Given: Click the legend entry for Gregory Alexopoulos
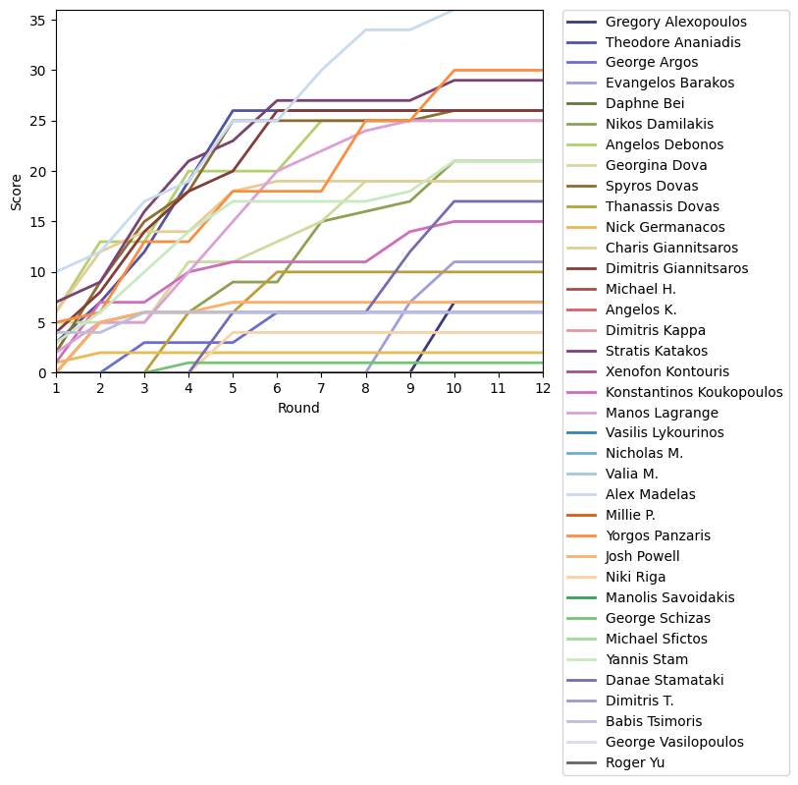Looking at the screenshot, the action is coord(675,22).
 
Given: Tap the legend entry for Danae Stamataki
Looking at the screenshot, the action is coord(662,680).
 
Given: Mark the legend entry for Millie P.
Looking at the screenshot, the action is coord(635,515).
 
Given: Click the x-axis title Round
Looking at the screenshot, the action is coord(299,408).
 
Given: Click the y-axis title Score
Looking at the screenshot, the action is coord(17,192).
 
